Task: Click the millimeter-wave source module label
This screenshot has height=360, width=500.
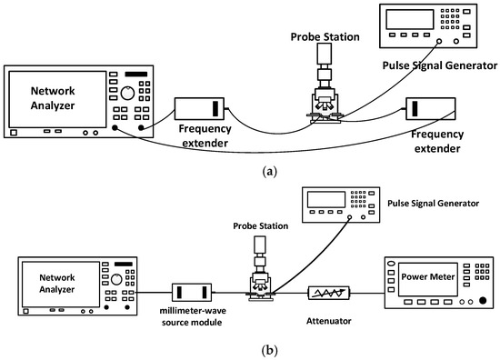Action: [194, 316]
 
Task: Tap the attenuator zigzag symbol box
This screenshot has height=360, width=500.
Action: [329, 293]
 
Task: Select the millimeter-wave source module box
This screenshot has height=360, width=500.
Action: [193, 292]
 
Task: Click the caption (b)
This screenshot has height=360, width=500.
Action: [249, 347]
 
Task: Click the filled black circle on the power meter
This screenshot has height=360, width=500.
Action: [482, 301]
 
